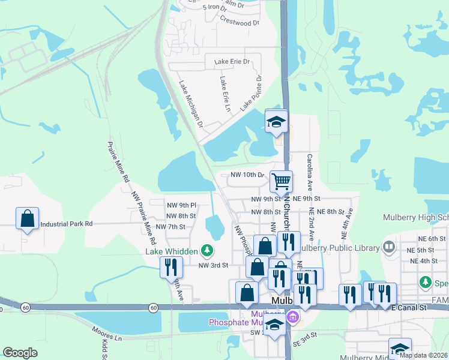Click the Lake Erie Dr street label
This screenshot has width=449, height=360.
228,62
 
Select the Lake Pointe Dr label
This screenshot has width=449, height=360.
252,94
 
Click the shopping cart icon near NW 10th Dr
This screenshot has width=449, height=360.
280,181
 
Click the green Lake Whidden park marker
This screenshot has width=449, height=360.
207,249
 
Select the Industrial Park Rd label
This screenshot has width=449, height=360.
67,224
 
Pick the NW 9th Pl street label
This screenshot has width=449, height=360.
182,205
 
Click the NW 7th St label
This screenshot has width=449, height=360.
171,227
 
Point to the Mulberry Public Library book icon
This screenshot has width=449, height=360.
389,247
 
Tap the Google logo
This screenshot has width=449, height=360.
20,353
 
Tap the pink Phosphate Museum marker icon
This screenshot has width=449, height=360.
292,316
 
